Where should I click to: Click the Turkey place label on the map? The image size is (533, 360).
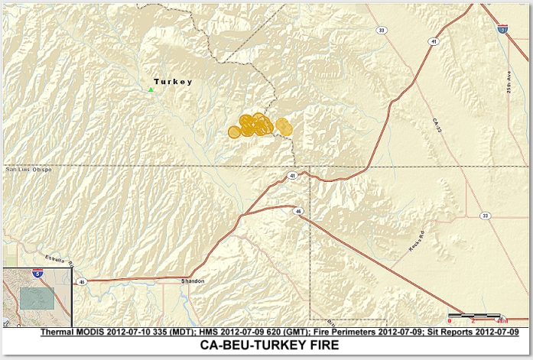[172, 82]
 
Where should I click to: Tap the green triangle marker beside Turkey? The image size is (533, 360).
[151, 90]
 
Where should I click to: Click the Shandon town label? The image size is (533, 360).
[193, 281]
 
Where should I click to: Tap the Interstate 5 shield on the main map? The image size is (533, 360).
[502, 28]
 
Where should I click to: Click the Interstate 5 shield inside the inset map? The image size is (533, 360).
[38, 273]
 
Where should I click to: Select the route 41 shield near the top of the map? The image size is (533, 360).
[433, 42]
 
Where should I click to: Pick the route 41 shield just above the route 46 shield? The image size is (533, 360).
[293, 176]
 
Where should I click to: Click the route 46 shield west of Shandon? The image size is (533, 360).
[81, 282]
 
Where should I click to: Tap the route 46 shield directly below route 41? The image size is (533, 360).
[298, 210]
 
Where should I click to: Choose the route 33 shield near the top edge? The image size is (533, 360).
[381, 31]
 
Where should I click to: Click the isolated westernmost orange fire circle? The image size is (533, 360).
[234, 132]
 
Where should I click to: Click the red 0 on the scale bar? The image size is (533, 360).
[449, 321]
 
